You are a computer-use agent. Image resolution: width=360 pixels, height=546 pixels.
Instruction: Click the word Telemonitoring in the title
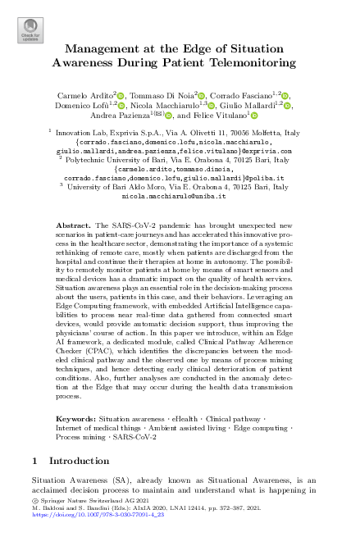click(252, 61)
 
